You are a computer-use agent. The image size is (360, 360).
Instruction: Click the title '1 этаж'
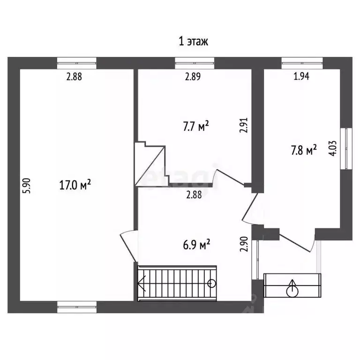pos(193,42)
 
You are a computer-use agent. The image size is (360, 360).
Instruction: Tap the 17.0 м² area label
pos(75,185)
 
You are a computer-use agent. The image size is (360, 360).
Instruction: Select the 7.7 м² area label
pos(196,126)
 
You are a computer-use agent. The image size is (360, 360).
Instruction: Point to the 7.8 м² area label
pos(304,150)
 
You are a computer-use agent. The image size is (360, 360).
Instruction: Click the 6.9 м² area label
pos(196,244)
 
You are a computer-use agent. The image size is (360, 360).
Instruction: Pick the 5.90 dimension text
pos(27,186)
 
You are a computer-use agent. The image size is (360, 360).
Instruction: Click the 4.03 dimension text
pos(333,148)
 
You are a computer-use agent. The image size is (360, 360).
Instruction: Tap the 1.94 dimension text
pos(301,76)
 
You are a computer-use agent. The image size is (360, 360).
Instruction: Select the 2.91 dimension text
pos(244,125)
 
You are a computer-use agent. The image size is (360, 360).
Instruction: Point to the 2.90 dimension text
pos(244,244)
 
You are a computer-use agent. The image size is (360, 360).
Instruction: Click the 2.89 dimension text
pos(193,76)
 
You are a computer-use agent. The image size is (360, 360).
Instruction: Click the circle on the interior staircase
pos(211,283)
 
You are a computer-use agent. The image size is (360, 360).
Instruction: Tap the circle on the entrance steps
pos(292,292)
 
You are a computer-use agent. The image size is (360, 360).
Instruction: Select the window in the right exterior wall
pos(346,149)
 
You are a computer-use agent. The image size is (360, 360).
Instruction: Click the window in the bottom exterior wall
pos(77,307)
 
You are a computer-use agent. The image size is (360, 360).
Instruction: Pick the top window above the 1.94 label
pos(302,63)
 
